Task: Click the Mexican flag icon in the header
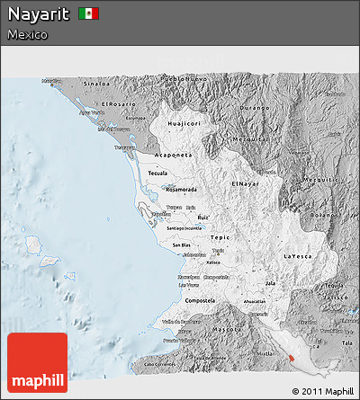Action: click(x=88, y=13)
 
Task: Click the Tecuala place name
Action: click(x=158, y=173)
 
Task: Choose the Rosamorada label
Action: click(x=181, y=190)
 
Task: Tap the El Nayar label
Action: click(x=244, y=183)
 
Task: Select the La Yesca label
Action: click(x=301, y=256)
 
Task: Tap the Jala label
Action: click(x=270, y=283)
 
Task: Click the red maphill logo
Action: click(x=37, y=362)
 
